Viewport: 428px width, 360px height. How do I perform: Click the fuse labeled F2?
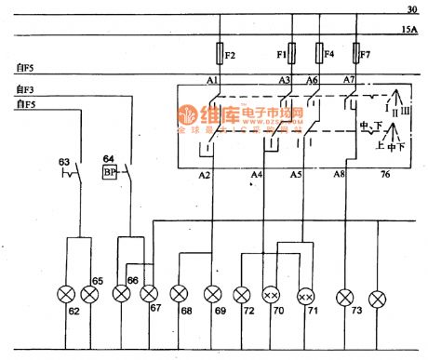[219, 54]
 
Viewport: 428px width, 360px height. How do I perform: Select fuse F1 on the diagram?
[292, 54]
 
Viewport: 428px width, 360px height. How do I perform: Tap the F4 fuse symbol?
[320, 54]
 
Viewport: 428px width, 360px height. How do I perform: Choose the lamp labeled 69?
[213, 296]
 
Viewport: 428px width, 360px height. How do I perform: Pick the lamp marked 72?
[243, 296]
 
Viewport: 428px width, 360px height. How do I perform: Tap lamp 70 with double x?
[272, 296]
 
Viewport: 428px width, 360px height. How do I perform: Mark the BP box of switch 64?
[109, 173]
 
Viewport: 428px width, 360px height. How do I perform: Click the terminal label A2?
[205, 174]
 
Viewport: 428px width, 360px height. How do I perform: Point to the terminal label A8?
[341, 174]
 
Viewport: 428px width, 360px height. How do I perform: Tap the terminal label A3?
[285, 81]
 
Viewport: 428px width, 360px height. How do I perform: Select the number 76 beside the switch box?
[385, 174]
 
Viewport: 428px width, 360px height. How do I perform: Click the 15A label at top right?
[409, 30]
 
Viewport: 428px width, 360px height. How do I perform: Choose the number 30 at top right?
[411, 10]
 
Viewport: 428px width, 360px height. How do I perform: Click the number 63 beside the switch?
[64, 162]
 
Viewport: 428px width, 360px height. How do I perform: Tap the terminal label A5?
[297, 174]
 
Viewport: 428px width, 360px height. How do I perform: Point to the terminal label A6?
[313, 81]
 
